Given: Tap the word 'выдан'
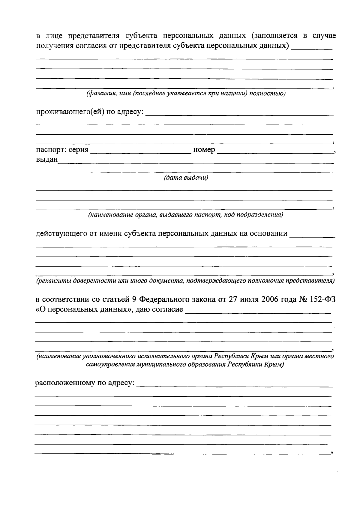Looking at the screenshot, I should click(x=47, y=160).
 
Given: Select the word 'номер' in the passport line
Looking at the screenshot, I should click(x=204, y=150).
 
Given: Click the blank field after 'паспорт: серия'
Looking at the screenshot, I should click(x=140, y=151).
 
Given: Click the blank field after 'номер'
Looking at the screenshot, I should click(x=274, y=151).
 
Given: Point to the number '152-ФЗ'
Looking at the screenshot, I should click(x=322, y=300).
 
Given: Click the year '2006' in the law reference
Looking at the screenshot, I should click(x=272, y=300).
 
